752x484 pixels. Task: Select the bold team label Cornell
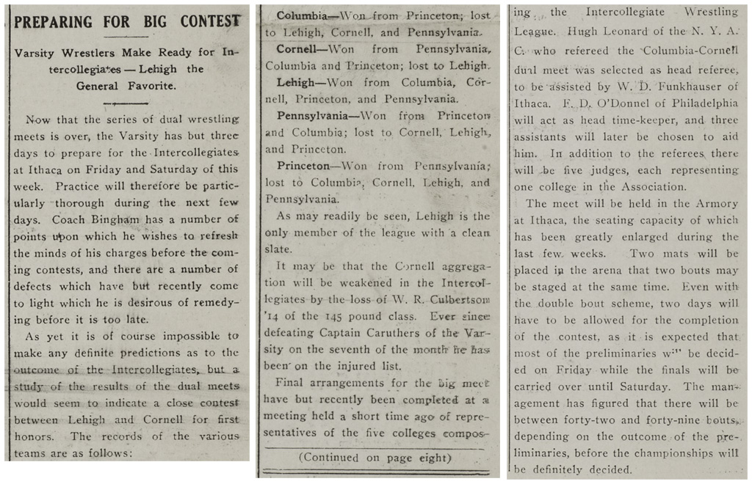[299, 49]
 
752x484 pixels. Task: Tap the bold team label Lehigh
[297, 83]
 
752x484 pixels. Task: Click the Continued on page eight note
[374, 458]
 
